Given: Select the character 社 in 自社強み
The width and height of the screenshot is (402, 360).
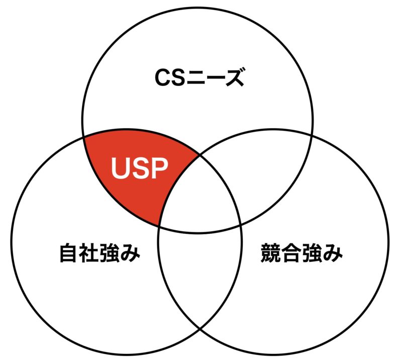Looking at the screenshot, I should tap(89, 253).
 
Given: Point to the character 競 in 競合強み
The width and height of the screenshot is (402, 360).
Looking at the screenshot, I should tap(271, 253).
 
